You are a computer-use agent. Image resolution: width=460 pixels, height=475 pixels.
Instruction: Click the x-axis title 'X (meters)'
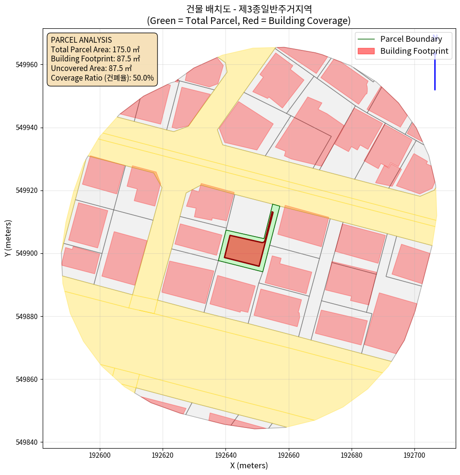point(249,465)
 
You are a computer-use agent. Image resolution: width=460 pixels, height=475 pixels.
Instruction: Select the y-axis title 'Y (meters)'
point(8,238)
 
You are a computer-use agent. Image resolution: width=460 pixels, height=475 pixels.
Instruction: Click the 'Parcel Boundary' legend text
point(411,39)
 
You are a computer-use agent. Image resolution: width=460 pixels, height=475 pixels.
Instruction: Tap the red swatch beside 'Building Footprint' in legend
point(366,51)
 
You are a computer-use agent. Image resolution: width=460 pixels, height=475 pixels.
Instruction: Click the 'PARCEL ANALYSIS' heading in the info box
point(81,40)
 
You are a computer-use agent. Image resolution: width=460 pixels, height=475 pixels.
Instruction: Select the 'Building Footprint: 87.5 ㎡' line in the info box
point(95,59)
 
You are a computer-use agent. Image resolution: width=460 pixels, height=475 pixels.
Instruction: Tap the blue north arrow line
point(435,72)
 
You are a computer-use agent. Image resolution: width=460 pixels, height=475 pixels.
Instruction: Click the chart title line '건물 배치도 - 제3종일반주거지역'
point(249,9)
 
